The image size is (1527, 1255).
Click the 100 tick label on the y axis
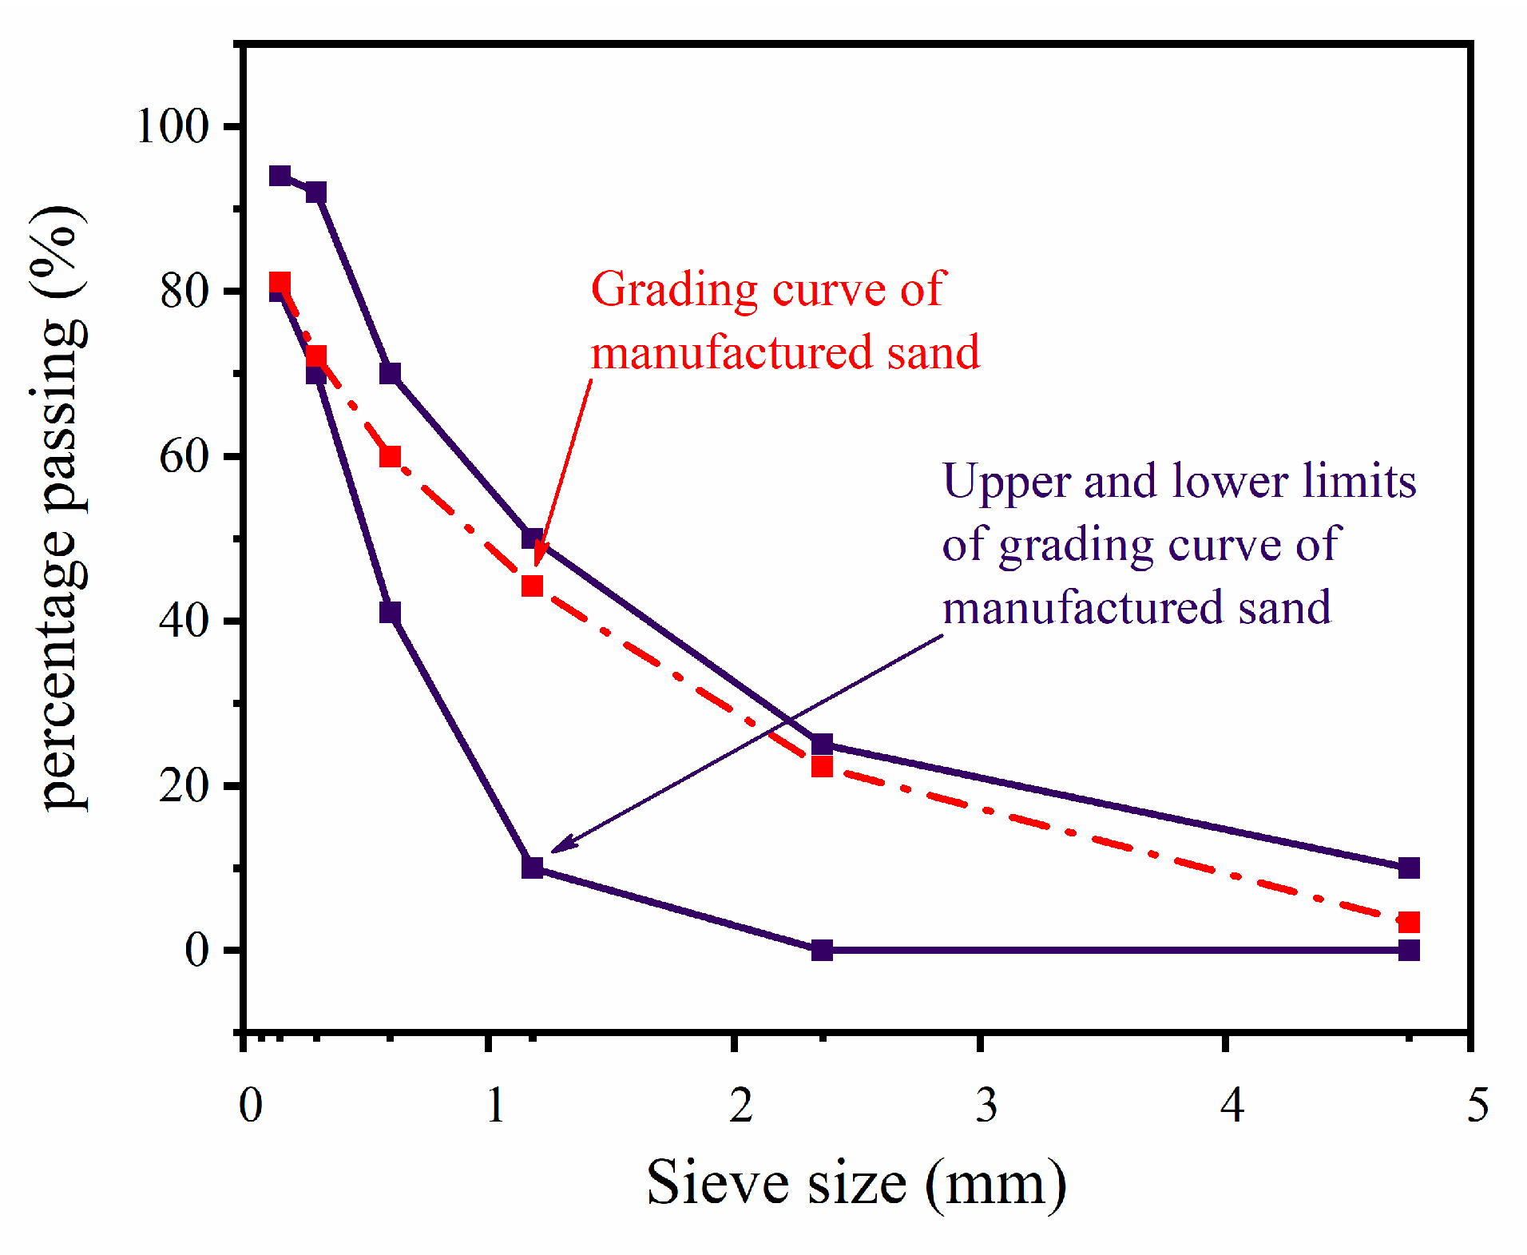point(173,126)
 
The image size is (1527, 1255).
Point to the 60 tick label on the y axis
point(184,457)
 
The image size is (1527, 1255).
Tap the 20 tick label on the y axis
point(184,786)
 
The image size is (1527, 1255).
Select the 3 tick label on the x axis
point(986,1106)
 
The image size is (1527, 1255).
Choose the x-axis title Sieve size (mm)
point(856,1184)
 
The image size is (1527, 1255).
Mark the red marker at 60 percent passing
point(390,456)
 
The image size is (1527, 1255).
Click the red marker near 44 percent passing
point(532,586)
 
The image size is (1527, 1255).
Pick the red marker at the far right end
point(1409,922)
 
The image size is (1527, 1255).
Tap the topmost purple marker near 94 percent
point(280,176)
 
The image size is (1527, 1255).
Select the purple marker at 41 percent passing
point(390,613)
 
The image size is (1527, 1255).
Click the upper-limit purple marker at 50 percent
point(532,538)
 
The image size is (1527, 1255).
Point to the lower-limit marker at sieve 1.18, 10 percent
point(532,868)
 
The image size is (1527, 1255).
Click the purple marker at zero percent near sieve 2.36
point(822,950)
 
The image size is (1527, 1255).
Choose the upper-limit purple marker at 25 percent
point(822,745)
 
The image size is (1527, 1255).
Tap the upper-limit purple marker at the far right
point(1409,868)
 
